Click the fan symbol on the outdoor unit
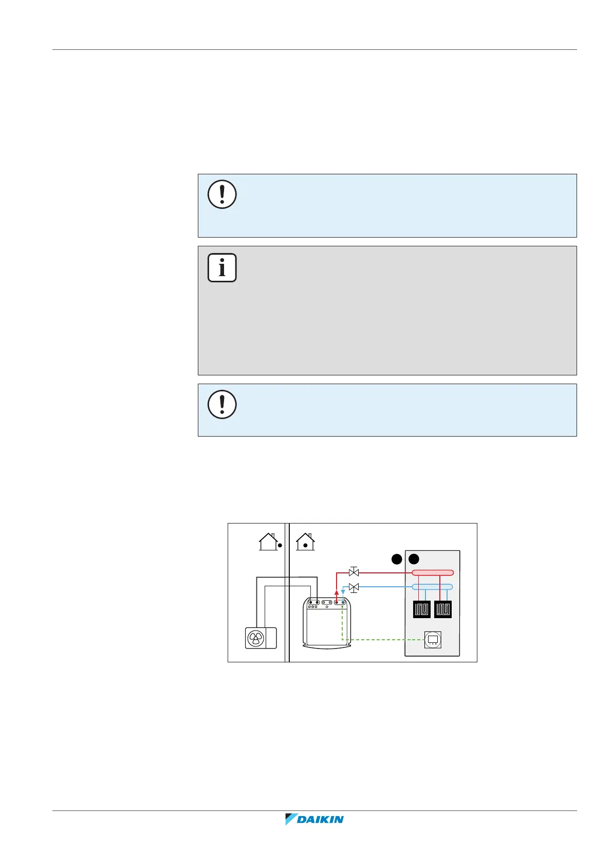255,638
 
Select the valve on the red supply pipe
354,572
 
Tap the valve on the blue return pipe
354,587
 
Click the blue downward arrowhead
343,593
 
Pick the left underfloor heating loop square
422,609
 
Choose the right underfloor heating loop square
443,609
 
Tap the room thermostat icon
433,640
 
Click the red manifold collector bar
433,572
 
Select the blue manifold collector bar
433,587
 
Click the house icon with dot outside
269,542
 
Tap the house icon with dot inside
305,542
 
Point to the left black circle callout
396,559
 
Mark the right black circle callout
414,559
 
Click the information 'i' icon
222,267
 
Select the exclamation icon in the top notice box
222,194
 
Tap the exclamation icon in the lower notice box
222,404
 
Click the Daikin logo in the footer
314,819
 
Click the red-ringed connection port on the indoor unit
337,602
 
